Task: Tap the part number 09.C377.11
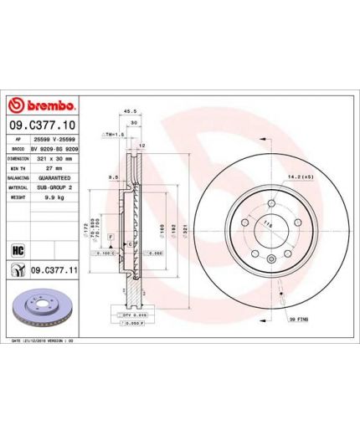54,269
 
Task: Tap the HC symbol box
16,249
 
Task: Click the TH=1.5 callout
113,134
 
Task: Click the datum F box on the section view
108,238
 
